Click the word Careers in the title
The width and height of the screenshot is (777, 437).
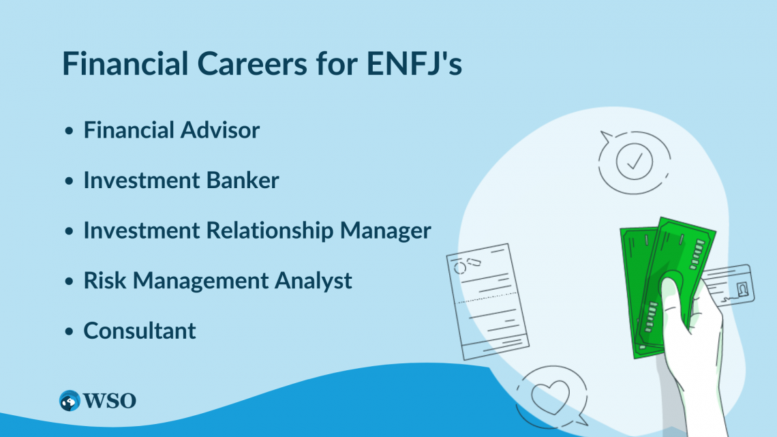click(247, 63)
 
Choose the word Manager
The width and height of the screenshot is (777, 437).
click(386, 230)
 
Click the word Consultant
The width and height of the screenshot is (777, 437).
click(140, 331)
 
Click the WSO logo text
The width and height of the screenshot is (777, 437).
click(110, 400)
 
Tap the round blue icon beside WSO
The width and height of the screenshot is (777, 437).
click(70, 400)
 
